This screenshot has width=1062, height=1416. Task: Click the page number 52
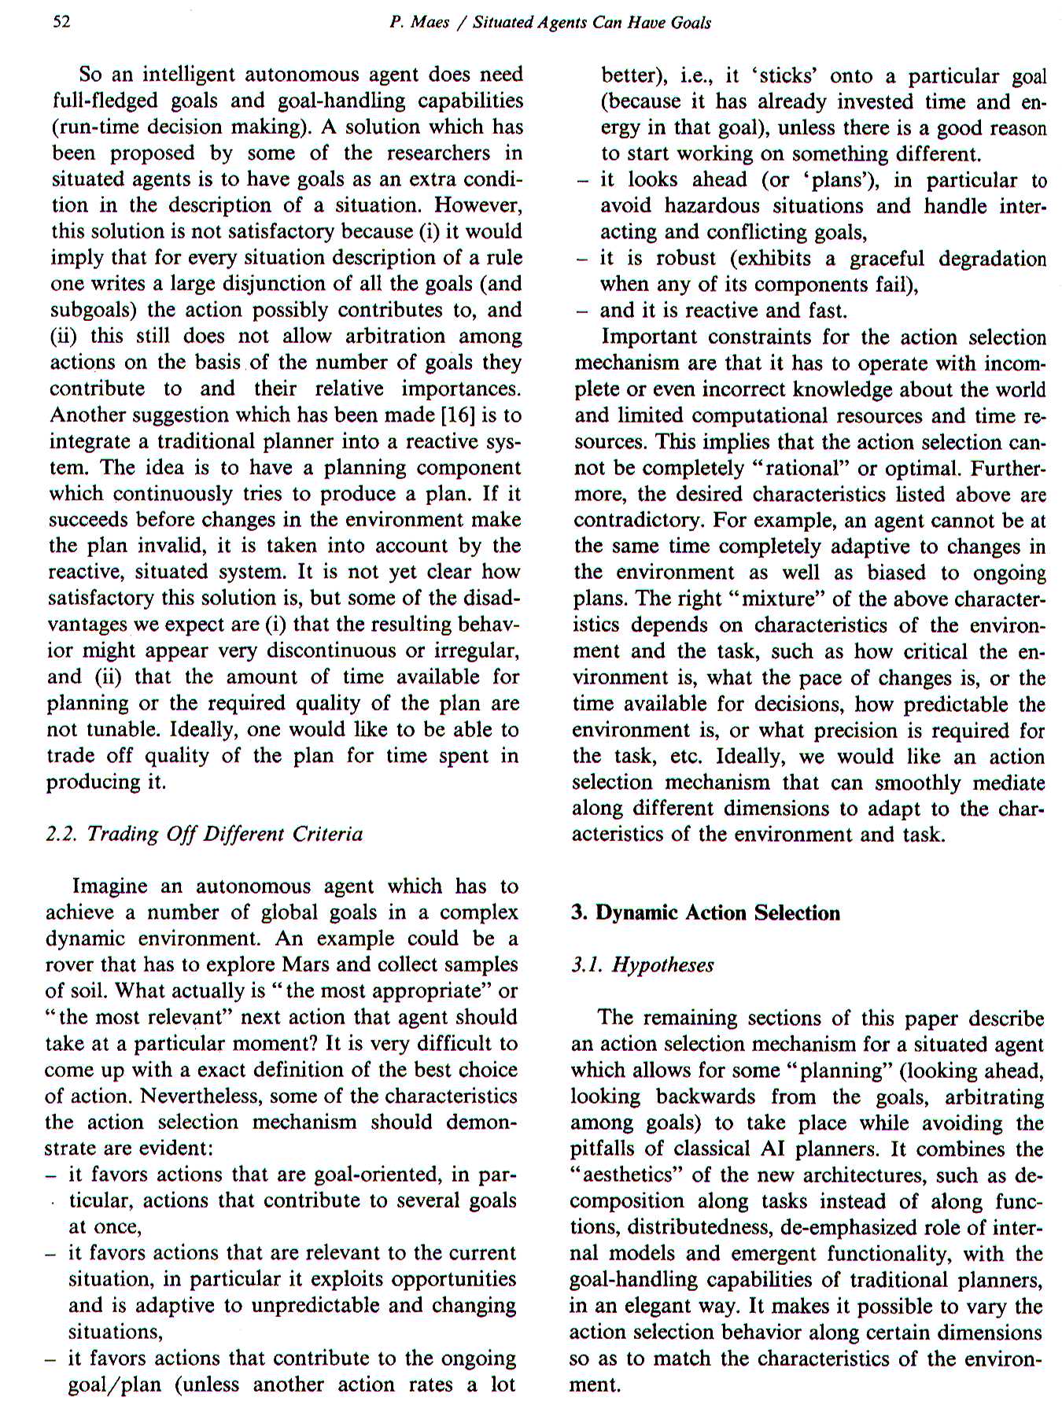61,21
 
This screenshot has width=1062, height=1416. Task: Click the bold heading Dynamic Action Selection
717,913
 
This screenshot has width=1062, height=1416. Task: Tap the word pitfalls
602,1149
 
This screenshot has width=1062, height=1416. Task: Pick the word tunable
119,729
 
